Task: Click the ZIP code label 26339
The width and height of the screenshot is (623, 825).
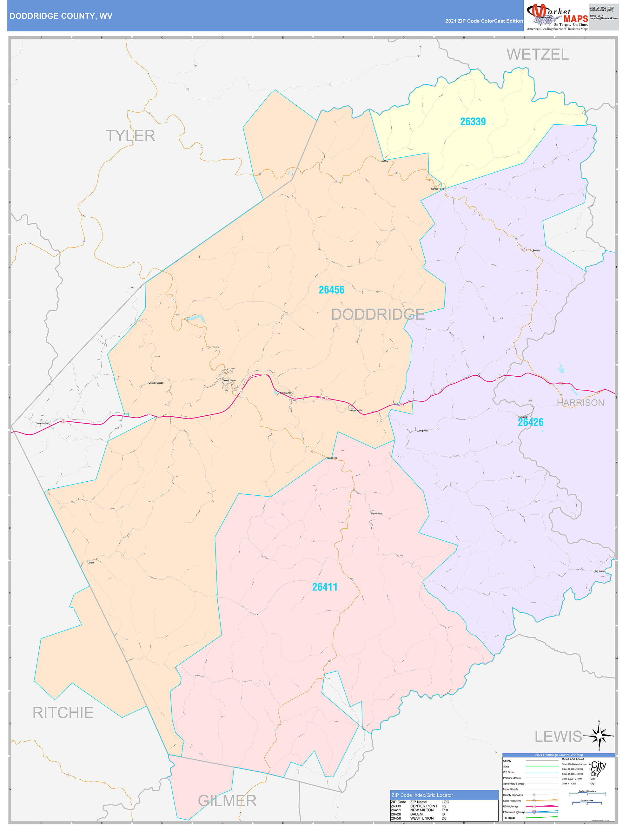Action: [x=472, y=122]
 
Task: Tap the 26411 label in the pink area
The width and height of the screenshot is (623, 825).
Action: [x=325, y=587]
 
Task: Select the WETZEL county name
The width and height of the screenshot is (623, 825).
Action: [x=537, y=55]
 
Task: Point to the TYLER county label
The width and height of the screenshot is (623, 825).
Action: [x=130, y=136]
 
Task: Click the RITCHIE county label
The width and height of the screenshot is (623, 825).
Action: [x=63, y=712]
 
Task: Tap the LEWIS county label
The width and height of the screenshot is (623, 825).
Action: [x=558, y=736]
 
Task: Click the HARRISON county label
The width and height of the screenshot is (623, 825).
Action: [x=580, y=402]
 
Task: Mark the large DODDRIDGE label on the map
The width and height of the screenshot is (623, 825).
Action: [x=378, y=314]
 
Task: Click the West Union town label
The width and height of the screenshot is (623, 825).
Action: [x=230, y=380]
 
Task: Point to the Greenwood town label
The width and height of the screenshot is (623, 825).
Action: [x=41, y=423]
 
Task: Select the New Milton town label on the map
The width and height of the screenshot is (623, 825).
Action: [x=376, y=514]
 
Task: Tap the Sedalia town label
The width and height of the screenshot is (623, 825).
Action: [x=536, y=250]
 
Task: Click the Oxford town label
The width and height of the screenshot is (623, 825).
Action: [x=91, y=563]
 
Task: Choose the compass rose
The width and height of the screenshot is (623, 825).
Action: [x=599, y=736]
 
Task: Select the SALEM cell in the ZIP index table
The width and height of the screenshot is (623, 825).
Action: [x=416, y=814]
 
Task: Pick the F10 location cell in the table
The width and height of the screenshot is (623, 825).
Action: [x=445, y=810]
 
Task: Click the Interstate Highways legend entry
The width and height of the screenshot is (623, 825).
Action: [x=514, y=812]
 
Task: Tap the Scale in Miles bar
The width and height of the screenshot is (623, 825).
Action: [x=587, y=803]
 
